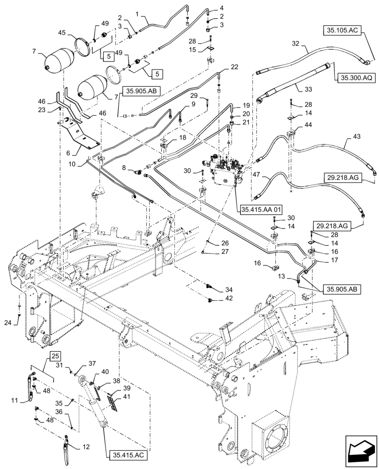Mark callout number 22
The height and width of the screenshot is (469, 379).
[x=234, y=67]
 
